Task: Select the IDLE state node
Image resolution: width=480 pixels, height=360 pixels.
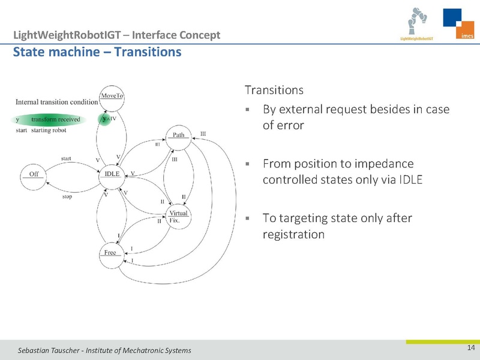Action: (x=112, y=174)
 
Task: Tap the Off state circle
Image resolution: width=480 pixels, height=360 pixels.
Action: (x=34, y=174)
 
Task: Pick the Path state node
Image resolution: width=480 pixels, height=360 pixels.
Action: (x=179, y=135)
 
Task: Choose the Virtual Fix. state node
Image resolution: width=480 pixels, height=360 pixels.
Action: (x=178, y=217)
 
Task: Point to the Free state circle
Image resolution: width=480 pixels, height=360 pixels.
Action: (x=110, y=253)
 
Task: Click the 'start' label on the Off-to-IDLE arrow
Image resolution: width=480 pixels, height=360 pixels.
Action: (x=67, y=159)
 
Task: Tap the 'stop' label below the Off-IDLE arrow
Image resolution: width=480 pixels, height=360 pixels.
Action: (x=67, y=196)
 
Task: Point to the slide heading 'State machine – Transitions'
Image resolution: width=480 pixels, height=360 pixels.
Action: (x=97, y=52)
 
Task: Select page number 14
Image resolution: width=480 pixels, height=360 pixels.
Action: (x=470, y=349)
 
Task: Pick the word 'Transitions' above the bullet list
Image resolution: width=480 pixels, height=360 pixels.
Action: (x=274, y=91)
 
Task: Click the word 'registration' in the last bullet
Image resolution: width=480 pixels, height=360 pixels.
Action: (x=294, y=234)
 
